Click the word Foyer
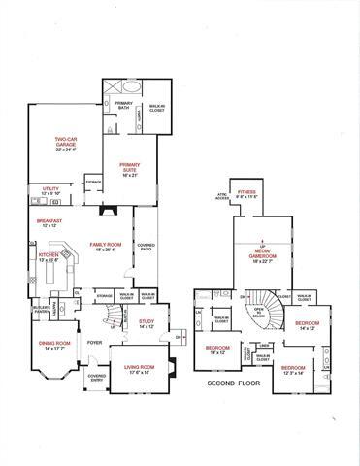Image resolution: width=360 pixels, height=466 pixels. pyautogui.click(x=95, y=342)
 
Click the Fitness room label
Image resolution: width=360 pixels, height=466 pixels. pyautogui.click(x=245, y=193)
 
